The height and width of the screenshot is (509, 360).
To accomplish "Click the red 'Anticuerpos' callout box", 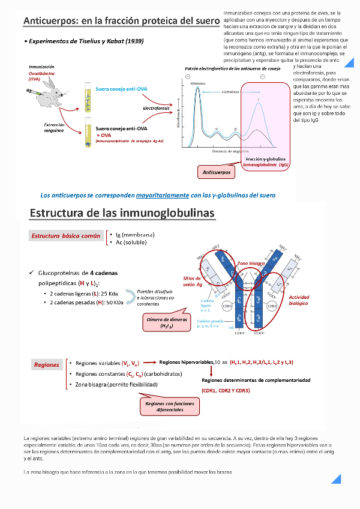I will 217,172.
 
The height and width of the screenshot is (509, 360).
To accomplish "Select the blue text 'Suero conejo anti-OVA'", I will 121,89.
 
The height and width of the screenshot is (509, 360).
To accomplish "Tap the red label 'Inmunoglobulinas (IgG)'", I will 265,164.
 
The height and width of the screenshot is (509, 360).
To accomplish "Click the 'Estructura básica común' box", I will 66,236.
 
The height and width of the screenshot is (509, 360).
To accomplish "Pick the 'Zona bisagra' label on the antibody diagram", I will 251,263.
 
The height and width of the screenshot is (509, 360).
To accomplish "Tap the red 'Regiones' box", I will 47,364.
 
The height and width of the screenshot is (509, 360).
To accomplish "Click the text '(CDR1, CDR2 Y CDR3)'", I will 226,391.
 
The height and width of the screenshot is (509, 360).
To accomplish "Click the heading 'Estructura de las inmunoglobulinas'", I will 122,213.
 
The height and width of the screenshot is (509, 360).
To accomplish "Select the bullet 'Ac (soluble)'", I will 130,242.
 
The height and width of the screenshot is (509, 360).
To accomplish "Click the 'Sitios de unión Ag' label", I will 196,282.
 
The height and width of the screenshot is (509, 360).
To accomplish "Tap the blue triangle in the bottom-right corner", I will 336,478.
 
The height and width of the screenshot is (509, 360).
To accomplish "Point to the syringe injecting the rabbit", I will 33,91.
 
